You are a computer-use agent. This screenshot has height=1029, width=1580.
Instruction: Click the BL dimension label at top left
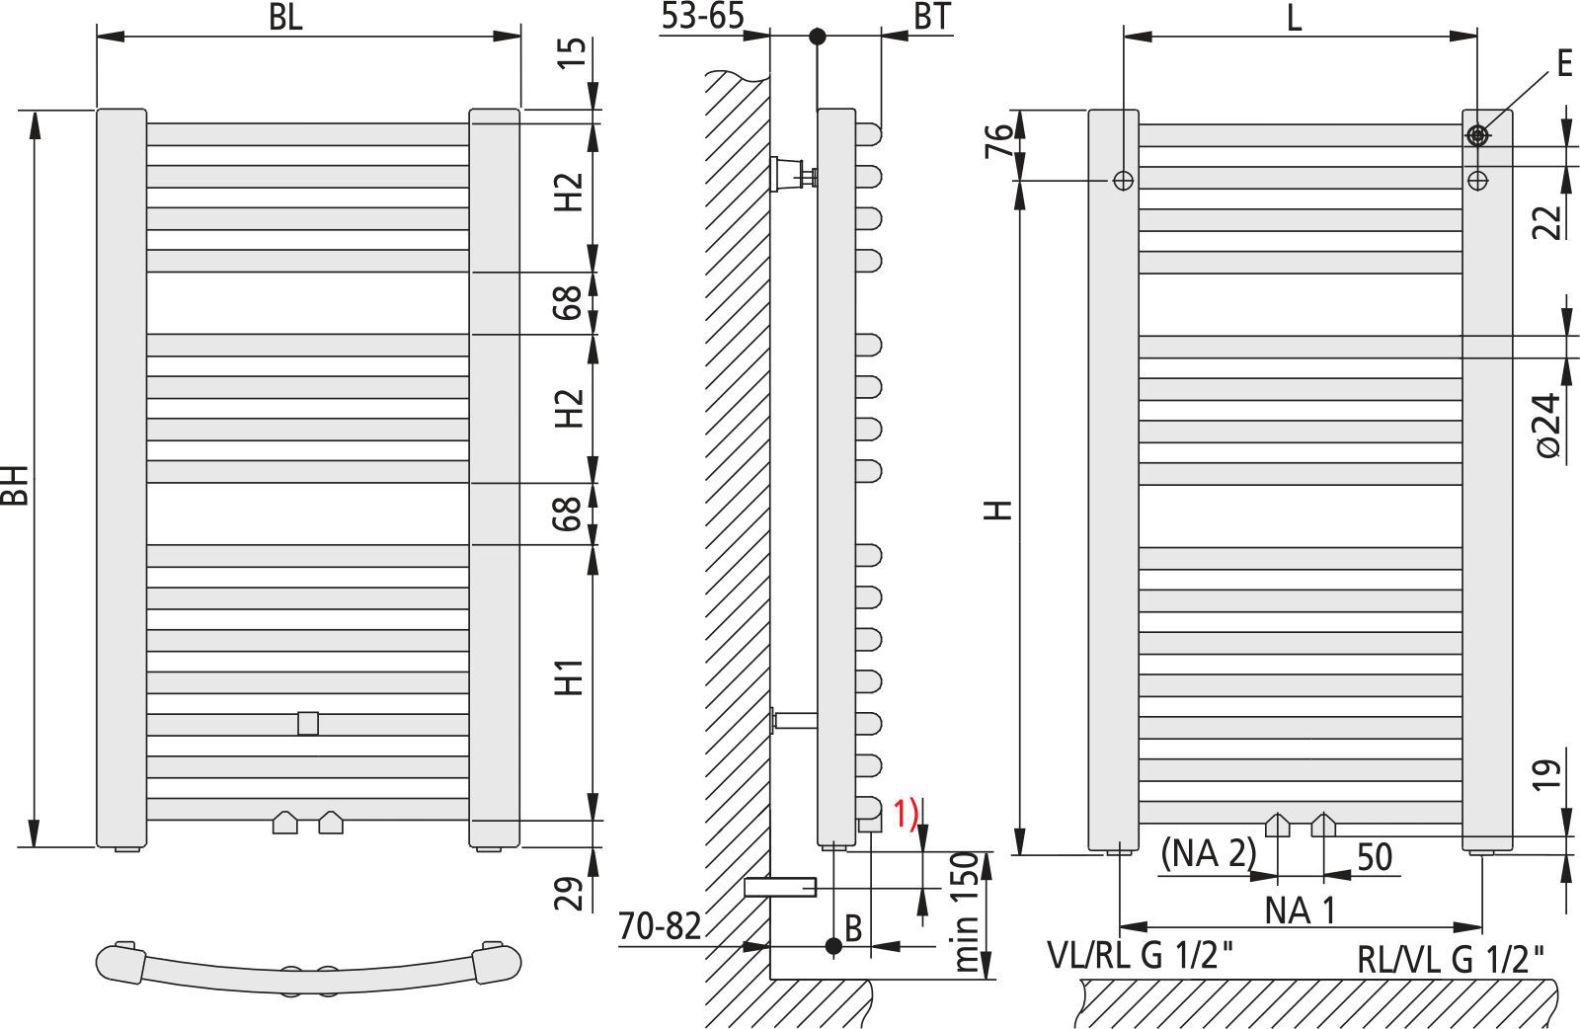click(x=285, y=18)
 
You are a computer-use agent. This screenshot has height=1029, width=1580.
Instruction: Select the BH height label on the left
click(x=15, y=483)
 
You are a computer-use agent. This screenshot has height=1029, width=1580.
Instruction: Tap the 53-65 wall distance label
click(x=702, y=16)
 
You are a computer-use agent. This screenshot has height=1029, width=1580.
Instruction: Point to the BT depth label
click(x=931, y=16)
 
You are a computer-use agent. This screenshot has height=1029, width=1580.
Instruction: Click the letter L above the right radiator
click(x=1295, y=18)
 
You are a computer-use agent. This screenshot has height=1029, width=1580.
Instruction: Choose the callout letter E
click(x=1564, y=64)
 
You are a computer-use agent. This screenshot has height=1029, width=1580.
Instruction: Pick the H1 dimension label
click(x=570, y=677)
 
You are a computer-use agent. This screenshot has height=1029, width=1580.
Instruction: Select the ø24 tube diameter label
click(x=1547, y=425)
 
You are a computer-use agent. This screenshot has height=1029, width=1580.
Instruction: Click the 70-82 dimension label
click(x=660, y=926)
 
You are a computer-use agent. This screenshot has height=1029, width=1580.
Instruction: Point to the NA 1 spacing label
click(x=1301, y=910)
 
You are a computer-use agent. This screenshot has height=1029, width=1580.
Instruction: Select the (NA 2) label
click(x=1208, y=853)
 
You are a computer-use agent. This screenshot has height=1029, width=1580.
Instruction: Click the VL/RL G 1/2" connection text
click(x=1141, y=955)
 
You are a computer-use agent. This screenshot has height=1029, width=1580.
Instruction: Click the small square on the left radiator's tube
click(x=308, y=723)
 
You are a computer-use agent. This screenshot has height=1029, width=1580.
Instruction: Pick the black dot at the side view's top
click(x=817, y=37)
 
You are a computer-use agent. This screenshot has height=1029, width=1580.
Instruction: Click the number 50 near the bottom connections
click(x=1374, y=856)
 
